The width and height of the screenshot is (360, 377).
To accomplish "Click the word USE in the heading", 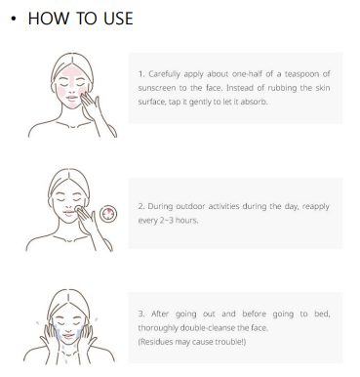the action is pos(118,19).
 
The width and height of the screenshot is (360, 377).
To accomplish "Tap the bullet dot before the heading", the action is pos(13,19).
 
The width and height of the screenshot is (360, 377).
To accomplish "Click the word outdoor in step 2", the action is pos(189,206).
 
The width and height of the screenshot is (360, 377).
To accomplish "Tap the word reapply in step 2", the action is pos(316,207).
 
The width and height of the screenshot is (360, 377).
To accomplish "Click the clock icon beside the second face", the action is pos(108,214).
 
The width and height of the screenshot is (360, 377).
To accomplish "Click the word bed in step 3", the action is pos(322,314).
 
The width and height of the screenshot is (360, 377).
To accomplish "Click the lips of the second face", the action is pos(68,213).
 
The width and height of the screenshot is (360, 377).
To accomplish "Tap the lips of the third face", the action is pos(68,336).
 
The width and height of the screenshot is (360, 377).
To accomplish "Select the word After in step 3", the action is pos(160,314).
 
